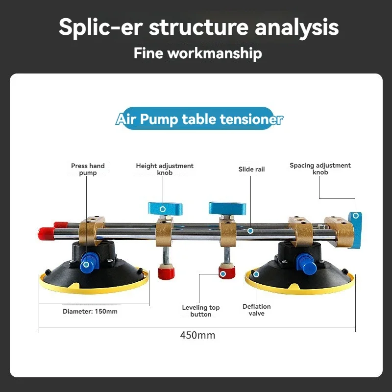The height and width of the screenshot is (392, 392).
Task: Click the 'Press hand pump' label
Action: [x=88, y=170]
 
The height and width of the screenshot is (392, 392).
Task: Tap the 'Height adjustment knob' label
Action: [x=165, y=170]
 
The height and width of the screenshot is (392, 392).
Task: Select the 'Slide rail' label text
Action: [x=251, y=169]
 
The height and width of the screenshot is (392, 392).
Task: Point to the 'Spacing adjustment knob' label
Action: [x=320, y=169]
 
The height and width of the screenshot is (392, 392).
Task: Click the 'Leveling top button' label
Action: [x=201, y=311]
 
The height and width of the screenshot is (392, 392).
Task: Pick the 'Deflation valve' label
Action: [x=256, y=310]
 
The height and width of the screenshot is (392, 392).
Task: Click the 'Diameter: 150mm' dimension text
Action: [x=90, y=311]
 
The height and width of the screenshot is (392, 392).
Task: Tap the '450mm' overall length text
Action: [x=197, y=336]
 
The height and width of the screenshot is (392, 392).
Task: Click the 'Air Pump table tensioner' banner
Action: [x=199, y=119]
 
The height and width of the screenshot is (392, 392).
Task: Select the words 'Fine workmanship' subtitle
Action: [x=197, y=53]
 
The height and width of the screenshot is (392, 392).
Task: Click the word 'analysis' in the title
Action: [x=298, y=27]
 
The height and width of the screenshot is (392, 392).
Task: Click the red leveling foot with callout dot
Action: [x=224, y=273]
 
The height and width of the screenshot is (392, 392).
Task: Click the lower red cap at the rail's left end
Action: [x=46, y=233]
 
